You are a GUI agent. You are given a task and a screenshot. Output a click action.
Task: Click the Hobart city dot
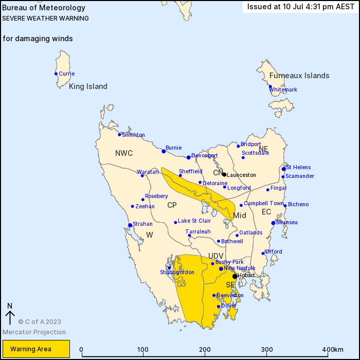tap(235, 276)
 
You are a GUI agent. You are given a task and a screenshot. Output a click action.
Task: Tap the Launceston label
tap(241, 175)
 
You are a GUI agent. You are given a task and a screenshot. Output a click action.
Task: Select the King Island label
tap(88, 86)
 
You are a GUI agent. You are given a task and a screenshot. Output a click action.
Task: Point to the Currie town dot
tap(56, 74)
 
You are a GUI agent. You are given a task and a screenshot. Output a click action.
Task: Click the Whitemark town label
tap(283, 89)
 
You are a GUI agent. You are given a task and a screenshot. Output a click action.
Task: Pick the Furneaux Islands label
tap(299, 76)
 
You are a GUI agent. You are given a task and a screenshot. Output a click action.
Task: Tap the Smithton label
tap(133, 135)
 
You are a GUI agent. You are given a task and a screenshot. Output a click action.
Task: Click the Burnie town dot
tap(164, 151)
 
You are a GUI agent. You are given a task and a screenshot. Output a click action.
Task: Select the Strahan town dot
tap(130, 225)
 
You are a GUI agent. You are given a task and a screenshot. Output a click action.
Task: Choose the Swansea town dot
tap(273, 223)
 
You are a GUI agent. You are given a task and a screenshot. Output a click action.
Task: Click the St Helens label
tap(298, 167)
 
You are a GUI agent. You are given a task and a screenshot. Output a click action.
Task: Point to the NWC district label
tap(124, 153)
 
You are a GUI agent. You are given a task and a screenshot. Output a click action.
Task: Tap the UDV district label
tap(216, 256)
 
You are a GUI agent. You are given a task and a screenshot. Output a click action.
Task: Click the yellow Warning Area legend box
tap(35, 349)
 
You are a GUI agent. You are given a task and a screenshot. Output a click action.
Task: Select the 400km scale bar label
tap(333, 350)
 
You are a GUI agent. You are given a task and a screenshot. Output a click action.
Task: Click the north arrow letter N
tap(9, 307)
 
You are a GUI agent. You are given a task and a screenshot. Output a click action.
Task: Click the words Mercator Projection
tap(34, 332)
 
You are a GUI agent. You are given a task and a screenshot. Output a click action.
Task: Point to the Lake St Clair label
tap(195, 221)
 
